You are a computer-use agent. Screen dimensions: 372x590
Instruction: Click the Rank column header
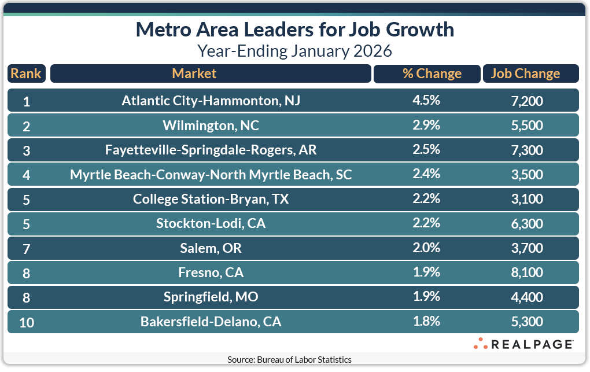point(26,73)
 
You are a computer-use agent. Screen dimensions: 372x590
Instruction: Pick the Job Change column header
point(525,73)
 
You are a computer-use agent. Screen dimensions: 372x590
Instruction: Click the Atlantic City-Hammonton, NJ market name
point(211,101)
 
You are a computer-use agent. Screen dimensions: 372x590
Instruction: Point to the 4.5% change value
point(426,101)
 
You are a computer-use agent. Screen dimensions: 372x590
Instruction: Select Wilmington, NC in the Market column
point(211,126)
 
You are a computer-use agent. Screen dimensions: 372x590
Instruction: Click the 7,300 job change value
point(528,150)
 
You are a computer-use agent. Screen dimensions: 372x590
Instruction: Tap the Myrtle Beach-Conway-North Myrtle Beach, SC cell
point(211,174)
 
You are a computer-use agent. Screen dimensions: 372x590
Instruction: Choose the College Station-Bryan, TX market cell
point(211,199)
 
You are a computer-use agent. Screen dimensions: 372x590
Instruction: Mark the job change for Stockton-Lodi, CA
point(528,223)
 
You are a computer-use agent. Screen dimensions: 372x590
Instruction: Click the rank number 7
point(26,248)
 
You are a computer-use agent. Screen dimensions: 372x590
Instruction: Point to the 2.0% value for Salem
point(426,248)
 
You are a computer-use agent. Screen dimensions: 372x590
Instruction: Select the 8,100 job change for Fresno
point(528,272)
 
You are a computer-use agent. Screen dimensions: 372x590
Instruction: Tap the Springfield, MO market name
point(211,297)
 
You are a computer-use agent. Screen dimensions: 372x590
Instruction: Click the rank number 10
point(26,322)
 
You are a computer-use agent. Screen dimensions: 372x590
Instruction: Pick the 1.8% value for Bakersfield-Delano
point(426,322)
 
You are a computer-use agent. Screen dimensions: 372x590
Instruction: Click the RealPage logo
point(523,344)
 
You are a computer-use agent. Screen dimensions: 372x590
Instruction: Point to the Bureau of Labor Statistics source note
point(289,359)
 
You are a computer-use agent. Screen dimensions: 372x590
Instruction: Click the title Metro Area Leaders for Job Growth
point(295,30)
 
